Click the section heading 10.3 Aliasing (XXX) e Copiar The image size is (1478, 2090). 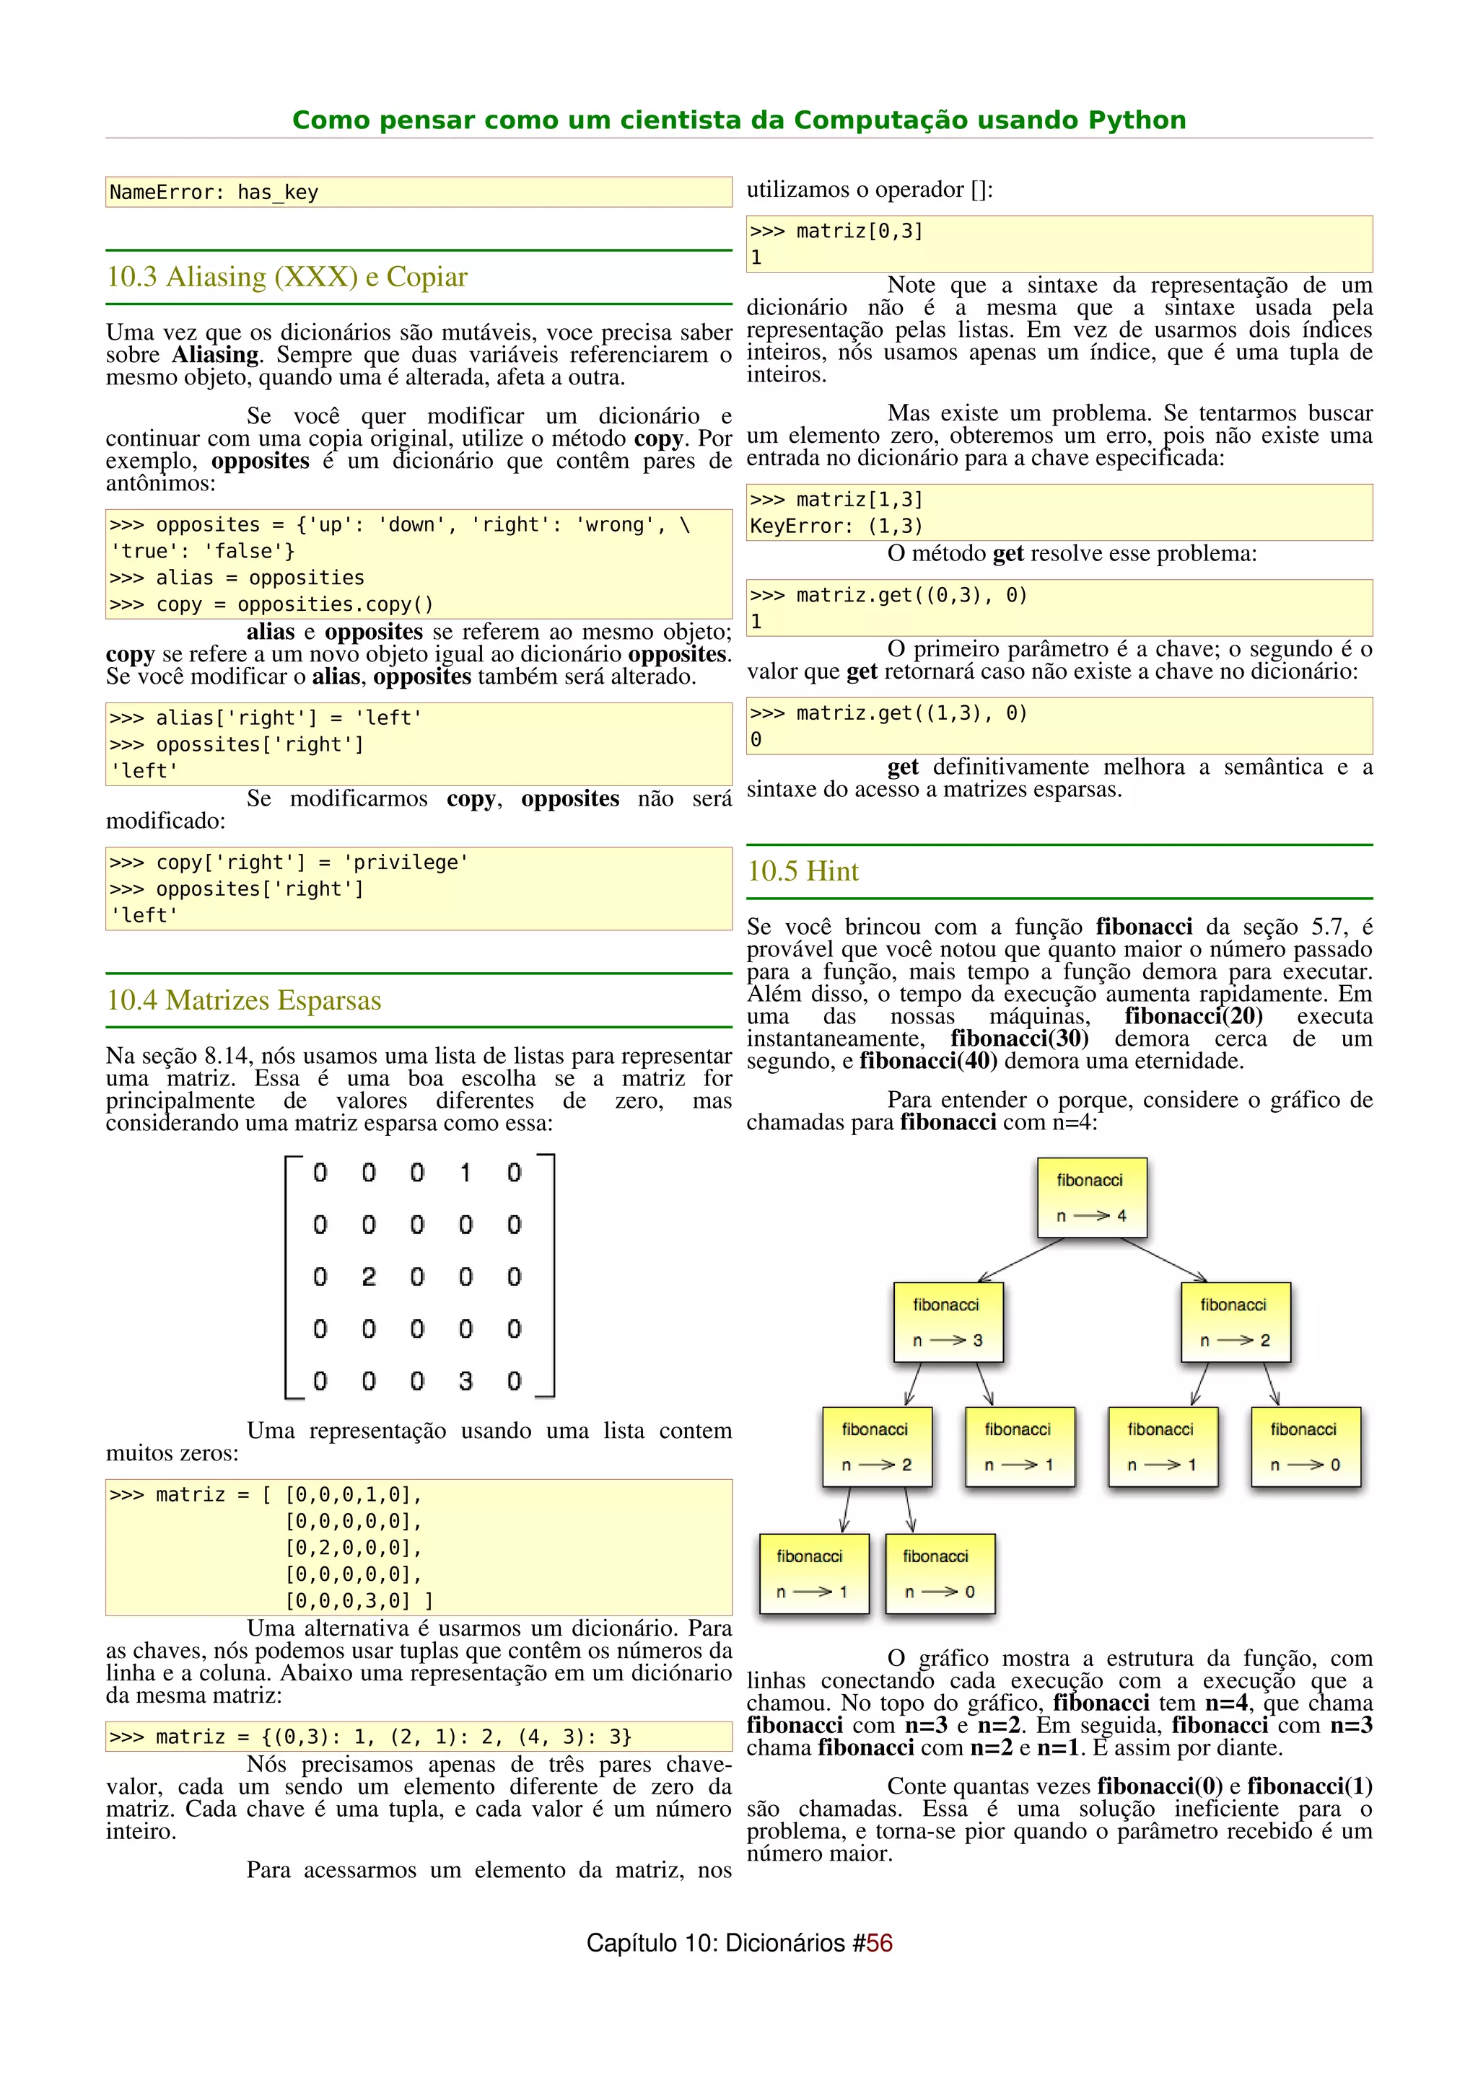click(287, 277)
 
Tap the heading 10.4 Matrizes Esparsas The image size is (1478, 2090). click(243, 1000)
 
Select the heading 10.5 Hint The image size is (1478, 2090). click(803, 871)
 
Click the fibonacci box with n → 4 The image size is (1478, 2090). click(1091, 1197)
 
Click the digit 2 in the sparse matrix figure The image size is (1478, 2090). click(368, 1277)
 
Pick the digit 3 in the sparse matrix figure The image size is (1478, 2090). click(465, 1382)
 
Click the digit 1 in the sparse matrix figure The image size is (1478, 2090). click(465, 1173)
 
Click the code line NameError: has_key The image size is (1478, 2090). click(214, 192)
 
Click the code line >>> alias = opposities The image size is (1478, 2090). click(237, 578)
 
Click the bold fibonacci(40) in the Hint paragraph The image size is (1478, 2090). click(928, 1062)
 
